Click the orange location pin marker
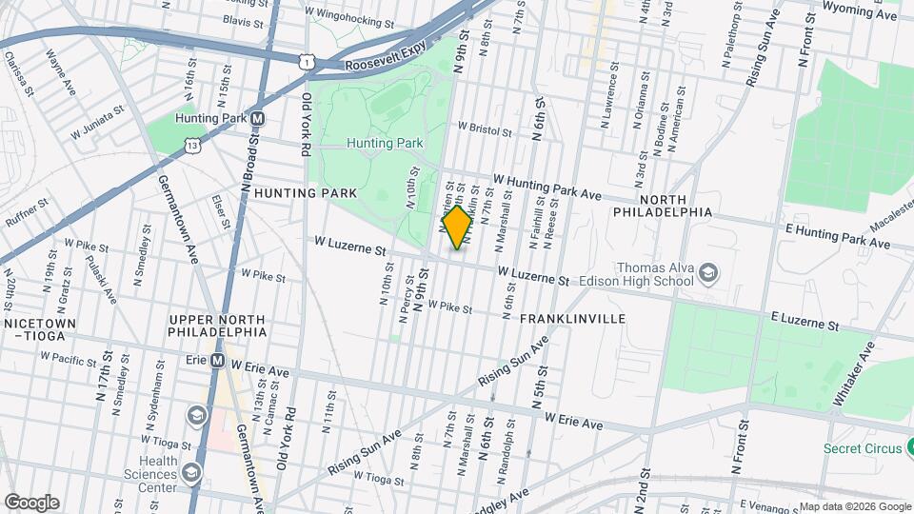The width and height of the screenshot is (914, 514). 457,227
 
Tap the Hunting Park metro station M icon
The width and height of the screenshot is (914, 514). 256,119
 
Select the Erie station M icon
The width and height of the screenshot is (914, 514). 217,362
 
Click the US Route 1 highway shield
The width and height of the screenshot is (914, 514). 305,62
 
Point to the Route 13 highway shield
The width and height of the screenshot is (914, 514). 193,146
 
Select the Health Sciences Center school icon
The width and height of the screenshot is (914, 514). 191,472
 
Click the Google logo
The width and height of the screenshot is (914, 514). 31,503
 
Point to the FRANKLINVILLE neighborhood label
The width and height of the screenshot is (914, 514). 572,319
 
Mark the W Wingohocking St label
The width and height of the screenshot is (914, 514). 349,18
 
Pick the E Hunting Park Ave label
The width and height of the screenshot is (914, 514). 839,238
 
